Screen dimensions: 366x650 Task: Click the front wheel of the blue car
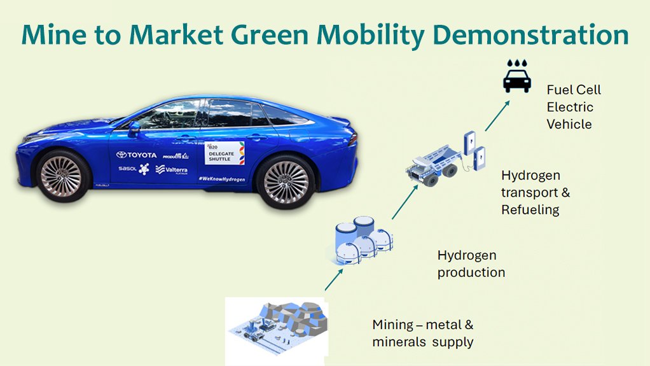tap(61, 176)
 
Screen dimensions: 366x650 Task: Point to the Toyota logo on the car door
tap(136, 155)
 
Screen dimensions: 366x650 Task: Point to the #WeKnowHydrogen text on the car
tap(221, 179)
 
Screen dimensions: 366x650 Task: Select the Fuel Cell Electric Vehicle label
tap(573, 107)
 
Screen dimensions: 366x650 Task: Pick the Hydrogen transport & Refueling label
tap(530, 192)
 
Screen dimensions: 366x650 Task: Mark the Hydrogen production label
tap(471, 264)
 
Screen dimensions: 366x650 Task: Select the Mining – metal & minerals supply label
tap(423, 333)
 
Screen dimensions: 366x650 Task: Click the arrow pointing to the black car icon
tap(497, 115)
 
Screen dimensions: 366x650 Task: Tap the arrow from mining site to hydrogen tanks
tap(335, 278)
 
